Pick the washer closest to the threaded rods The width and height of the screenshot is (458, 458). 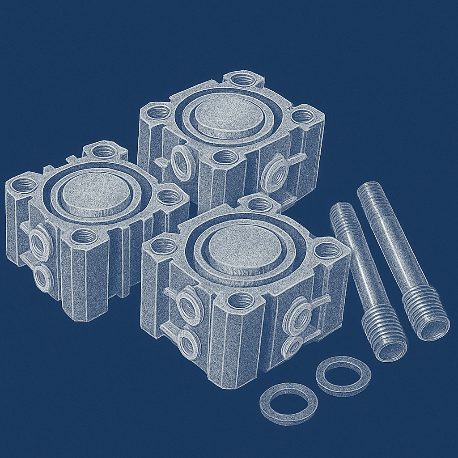(x=343, y=375)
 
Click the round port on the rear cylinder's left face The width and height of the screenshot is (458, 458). (x=182, y=161)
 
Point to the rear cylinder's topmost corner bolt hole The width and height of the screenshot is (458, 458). (x=243, y=80)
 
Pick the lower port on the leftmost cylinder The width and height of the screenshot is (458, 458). (x=43, y=278)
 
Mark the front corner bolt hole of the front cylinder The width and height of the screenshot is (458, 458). (x=240, y=301)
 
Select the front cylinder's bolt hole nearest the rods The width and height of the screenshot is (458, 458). (x=329, y=250)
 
